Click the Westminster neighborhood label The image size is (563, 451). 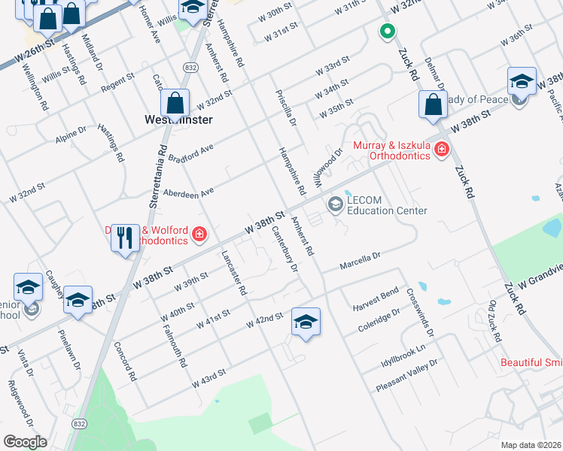(x=178, y=120)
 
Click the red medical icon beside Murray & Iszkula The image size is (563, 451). (x=442, y=152)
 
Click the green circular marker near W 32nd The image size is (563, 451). (x=387, y=32)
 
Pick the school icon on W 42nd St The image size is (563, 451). (x=306, y=322)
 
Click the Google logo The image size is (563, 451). (x=25, y=441)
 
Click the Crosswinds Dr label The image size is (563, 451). (x=420, y=312)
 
